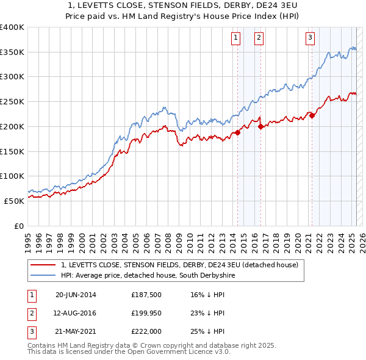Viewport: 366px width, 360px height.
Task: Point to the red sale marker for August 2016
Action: pos(261,127)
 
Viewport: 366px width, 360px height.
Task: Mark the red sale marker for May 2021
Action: pos(312,116)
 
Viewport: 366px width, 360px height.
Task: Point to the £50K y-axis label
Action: pos(15,200)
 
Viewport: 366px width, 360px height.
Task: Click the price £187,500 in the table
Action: pos(145,295)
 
